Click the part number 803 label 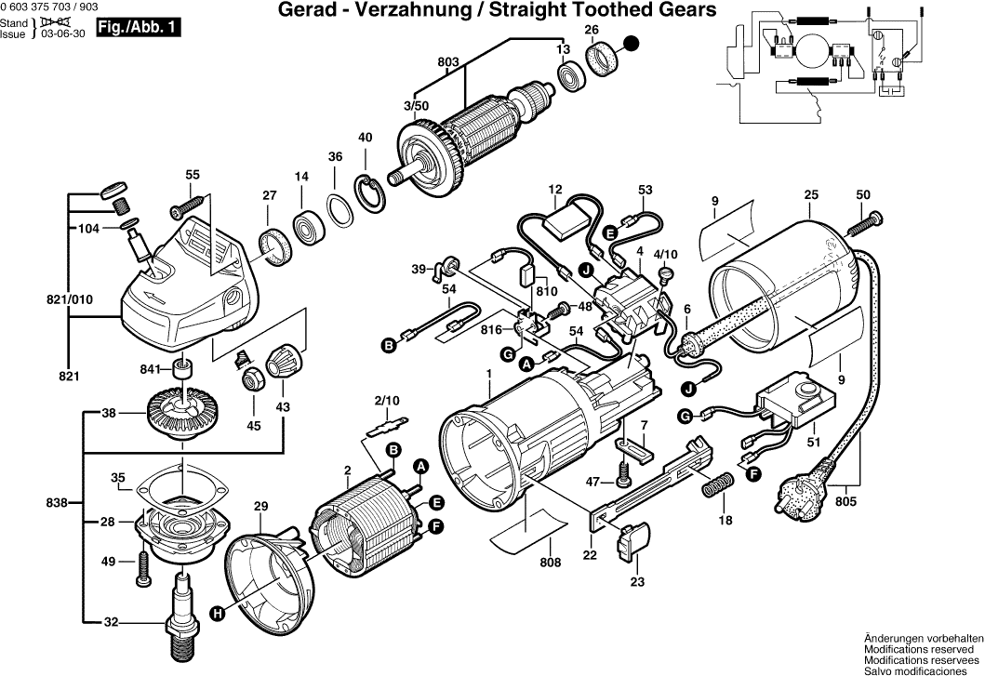[448, 62]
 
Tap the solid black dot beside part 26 [632, 44]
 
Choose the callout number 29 [260, 506]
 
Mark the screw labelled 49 [142, 567]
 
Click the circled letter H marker [218, 613]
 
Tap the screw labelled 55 [191, 201]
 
